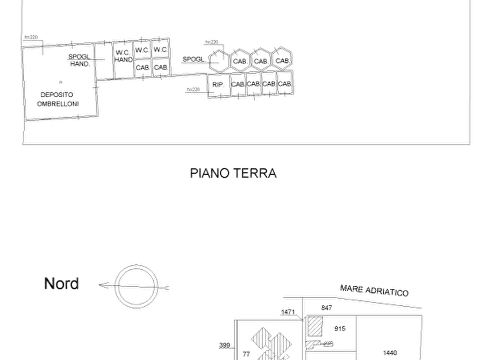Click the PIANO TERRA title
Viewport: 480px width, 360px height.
pos(233,173)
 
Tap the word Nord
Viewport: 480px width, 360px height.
pos(62,283)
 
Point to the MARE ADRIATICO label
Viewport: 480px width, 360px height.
pos(375,291)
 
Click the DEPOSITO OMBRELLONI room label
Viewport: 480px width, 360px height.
pos(59,99)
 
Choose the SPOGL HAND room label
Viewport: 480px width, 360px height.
pos(79,60)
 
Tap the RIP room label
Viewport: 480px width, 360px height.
pos(217,85)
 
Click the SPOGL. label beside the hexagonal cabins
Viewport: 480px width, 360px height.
pos(192,59)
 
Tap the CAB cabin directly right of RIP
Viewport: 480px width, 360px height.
pos(238,84)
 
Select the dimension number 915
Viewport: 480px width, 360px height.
pos(340,328)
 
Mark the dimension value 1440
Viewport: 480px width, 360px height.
pos(391,352)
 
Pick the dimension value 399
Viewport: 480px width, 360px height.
pos(225,345)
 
